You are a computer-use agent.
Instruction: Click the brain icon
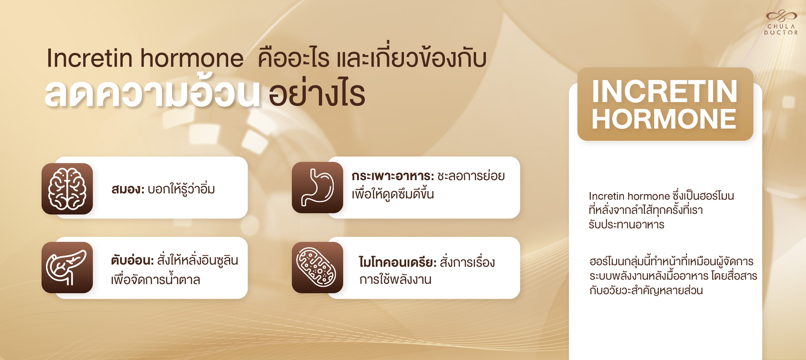(x=67, y=189)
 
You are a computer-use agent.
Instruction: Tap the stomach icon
(x=317, y=188)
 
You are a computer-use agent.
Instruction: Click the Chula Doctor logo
(x=781, y=22)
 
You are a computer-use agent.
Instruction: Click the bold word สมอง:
(x=128, y=189)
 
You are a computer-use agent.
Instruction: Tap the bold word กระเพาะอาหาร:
(x=393, y=176)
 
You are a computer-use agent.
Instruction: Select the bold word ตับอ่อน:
(x=132, y=260)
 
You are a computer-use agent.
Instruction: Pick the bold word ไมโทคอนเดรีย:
(x=397, y=262)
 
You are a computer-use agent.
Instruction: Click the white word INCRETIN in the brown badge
(x=665, y=91)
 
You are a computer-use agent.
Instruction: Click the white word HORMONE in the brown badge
(x=664, y=119)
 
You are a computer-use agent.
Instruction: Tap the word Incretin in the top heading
(x=89, y=58)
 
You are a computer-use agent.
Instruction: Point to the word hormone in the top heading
(x=192, y=59)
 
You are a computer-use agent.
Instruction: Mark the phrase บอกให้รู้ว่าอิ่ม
(x=181, y=189)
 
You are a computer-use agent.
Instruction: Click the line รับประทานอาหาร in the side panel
(x=627, y=225)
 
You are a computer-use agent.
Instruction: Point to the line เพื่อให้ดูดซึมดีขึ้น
(x=393, y=194)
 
